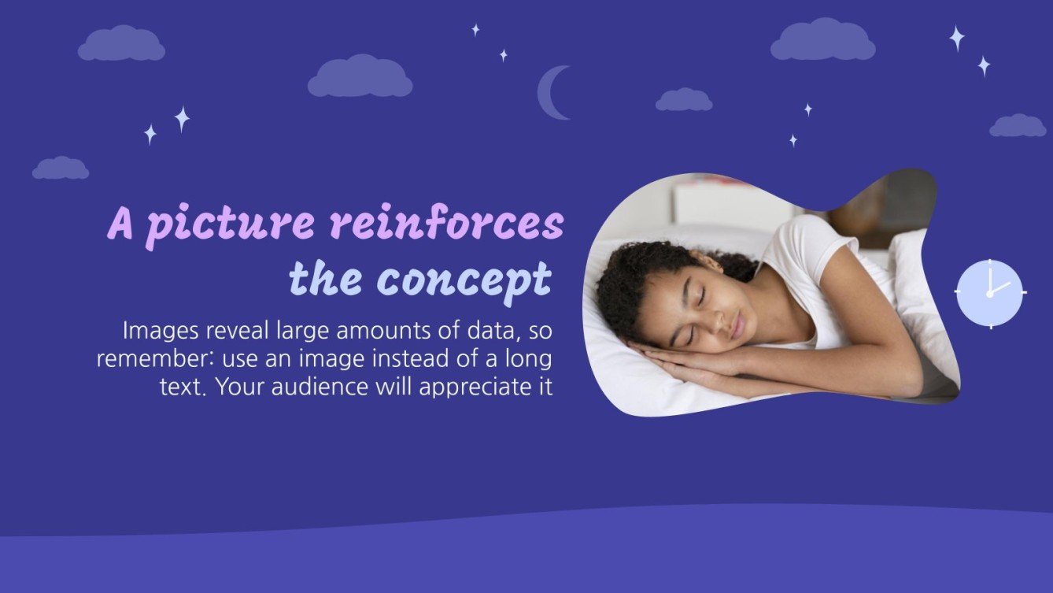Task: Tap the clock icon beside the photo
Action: [x=990, y=292]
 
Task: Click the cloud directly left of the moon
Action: [x=360, y=77]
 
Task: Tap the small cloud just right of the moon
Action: [x=683, y=100]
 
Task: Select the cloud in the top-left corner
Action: [x=121, y=44]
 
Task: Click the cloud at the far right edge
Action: [x=1018, y=126]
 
